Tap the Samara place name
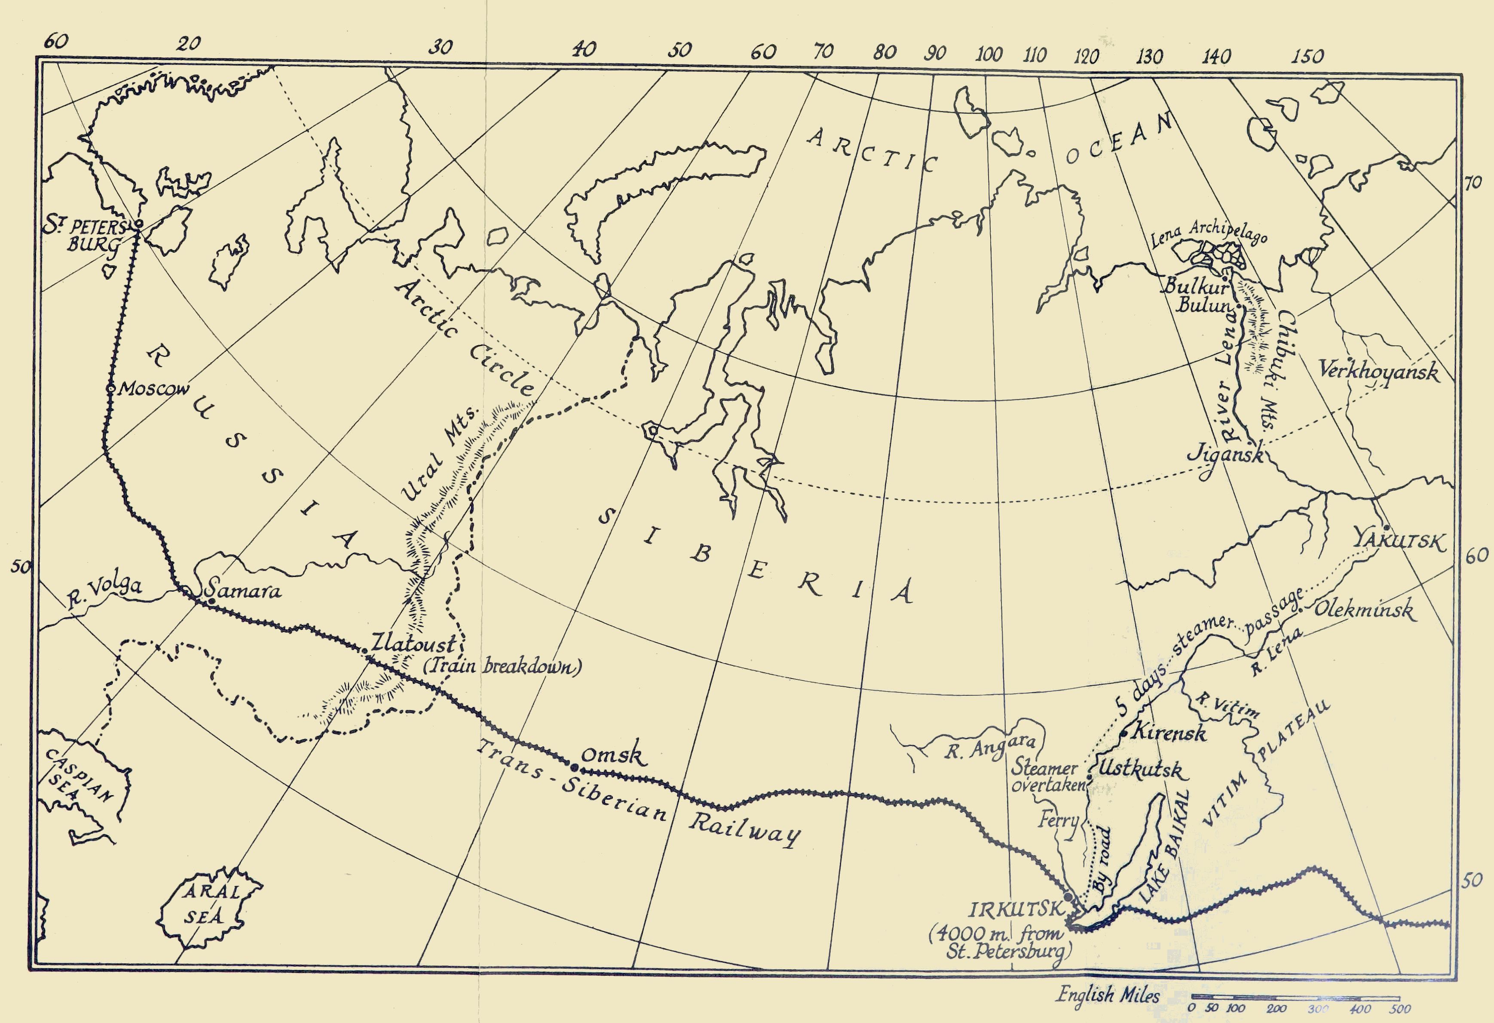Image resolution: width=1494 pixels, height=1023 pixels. click(242, 590)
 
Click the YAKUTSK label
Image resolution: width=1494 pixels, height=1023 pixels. click(1399, 541)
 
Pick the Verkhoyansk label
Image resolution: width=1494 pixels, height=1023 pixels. click(1378, 372)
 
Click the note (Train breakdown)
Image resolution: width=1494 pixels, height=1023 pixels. click(502, 666)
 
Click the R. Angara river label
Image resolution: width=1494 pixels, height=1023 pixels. click(990, 747)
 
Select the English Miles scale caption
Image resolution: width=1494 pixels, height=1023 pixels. click(1108, 995)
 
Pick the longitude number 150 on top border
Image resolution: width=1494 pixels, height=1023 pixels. click(1307, 57)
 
